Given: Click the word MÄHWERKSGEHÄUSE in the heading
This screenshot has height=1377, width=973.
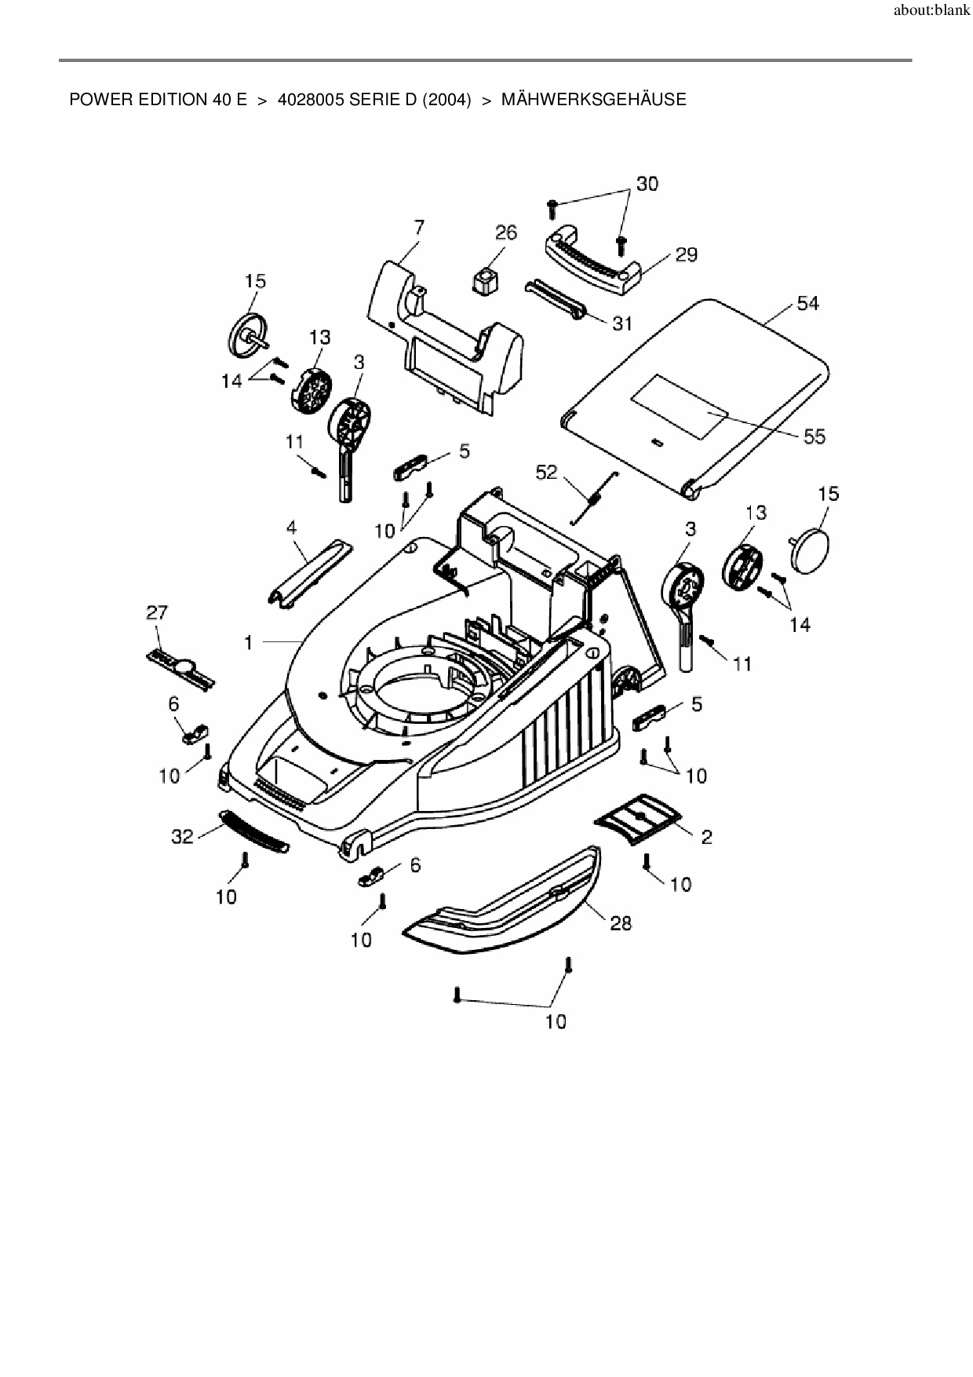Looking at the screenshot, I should tap(593, 100).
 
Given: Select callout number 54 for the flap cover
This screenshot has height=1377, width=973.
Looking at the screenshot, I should tap(807, 303).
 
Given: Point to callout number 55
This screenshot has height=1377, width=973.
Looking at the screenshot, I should tap(814, 436).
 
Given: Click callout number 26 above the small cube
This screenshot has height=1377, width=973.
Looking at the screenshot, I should tap(506, 232).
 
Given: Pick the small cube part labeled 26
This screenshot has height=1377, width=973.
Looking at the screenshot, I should tap(486, 280).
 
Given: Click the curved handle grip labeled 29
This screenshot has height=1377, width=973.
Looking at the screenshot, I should tap(592, 265).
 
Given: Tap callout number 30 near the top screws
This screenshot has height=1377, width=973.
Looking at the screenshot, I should tap(647, 184).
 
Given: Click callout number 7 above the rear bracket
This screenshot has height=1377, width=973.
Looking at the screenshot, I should tap(419, 227).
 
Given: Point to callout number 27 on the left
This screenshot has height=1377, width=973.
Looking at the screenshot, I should tap(157, 612).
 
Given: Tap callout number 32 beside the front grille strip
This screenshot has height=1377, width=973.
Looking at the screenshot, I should tap(182, 837).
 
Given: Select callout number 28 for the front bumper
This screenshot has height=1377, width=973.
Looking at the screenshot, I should tap(621, 923).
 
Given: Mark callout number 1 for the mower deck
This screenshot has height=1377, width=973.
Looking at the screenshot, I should tap(249, 643).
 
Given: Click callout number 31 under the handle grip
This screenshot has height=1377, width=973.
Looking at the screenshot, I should tap(621, 323).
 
